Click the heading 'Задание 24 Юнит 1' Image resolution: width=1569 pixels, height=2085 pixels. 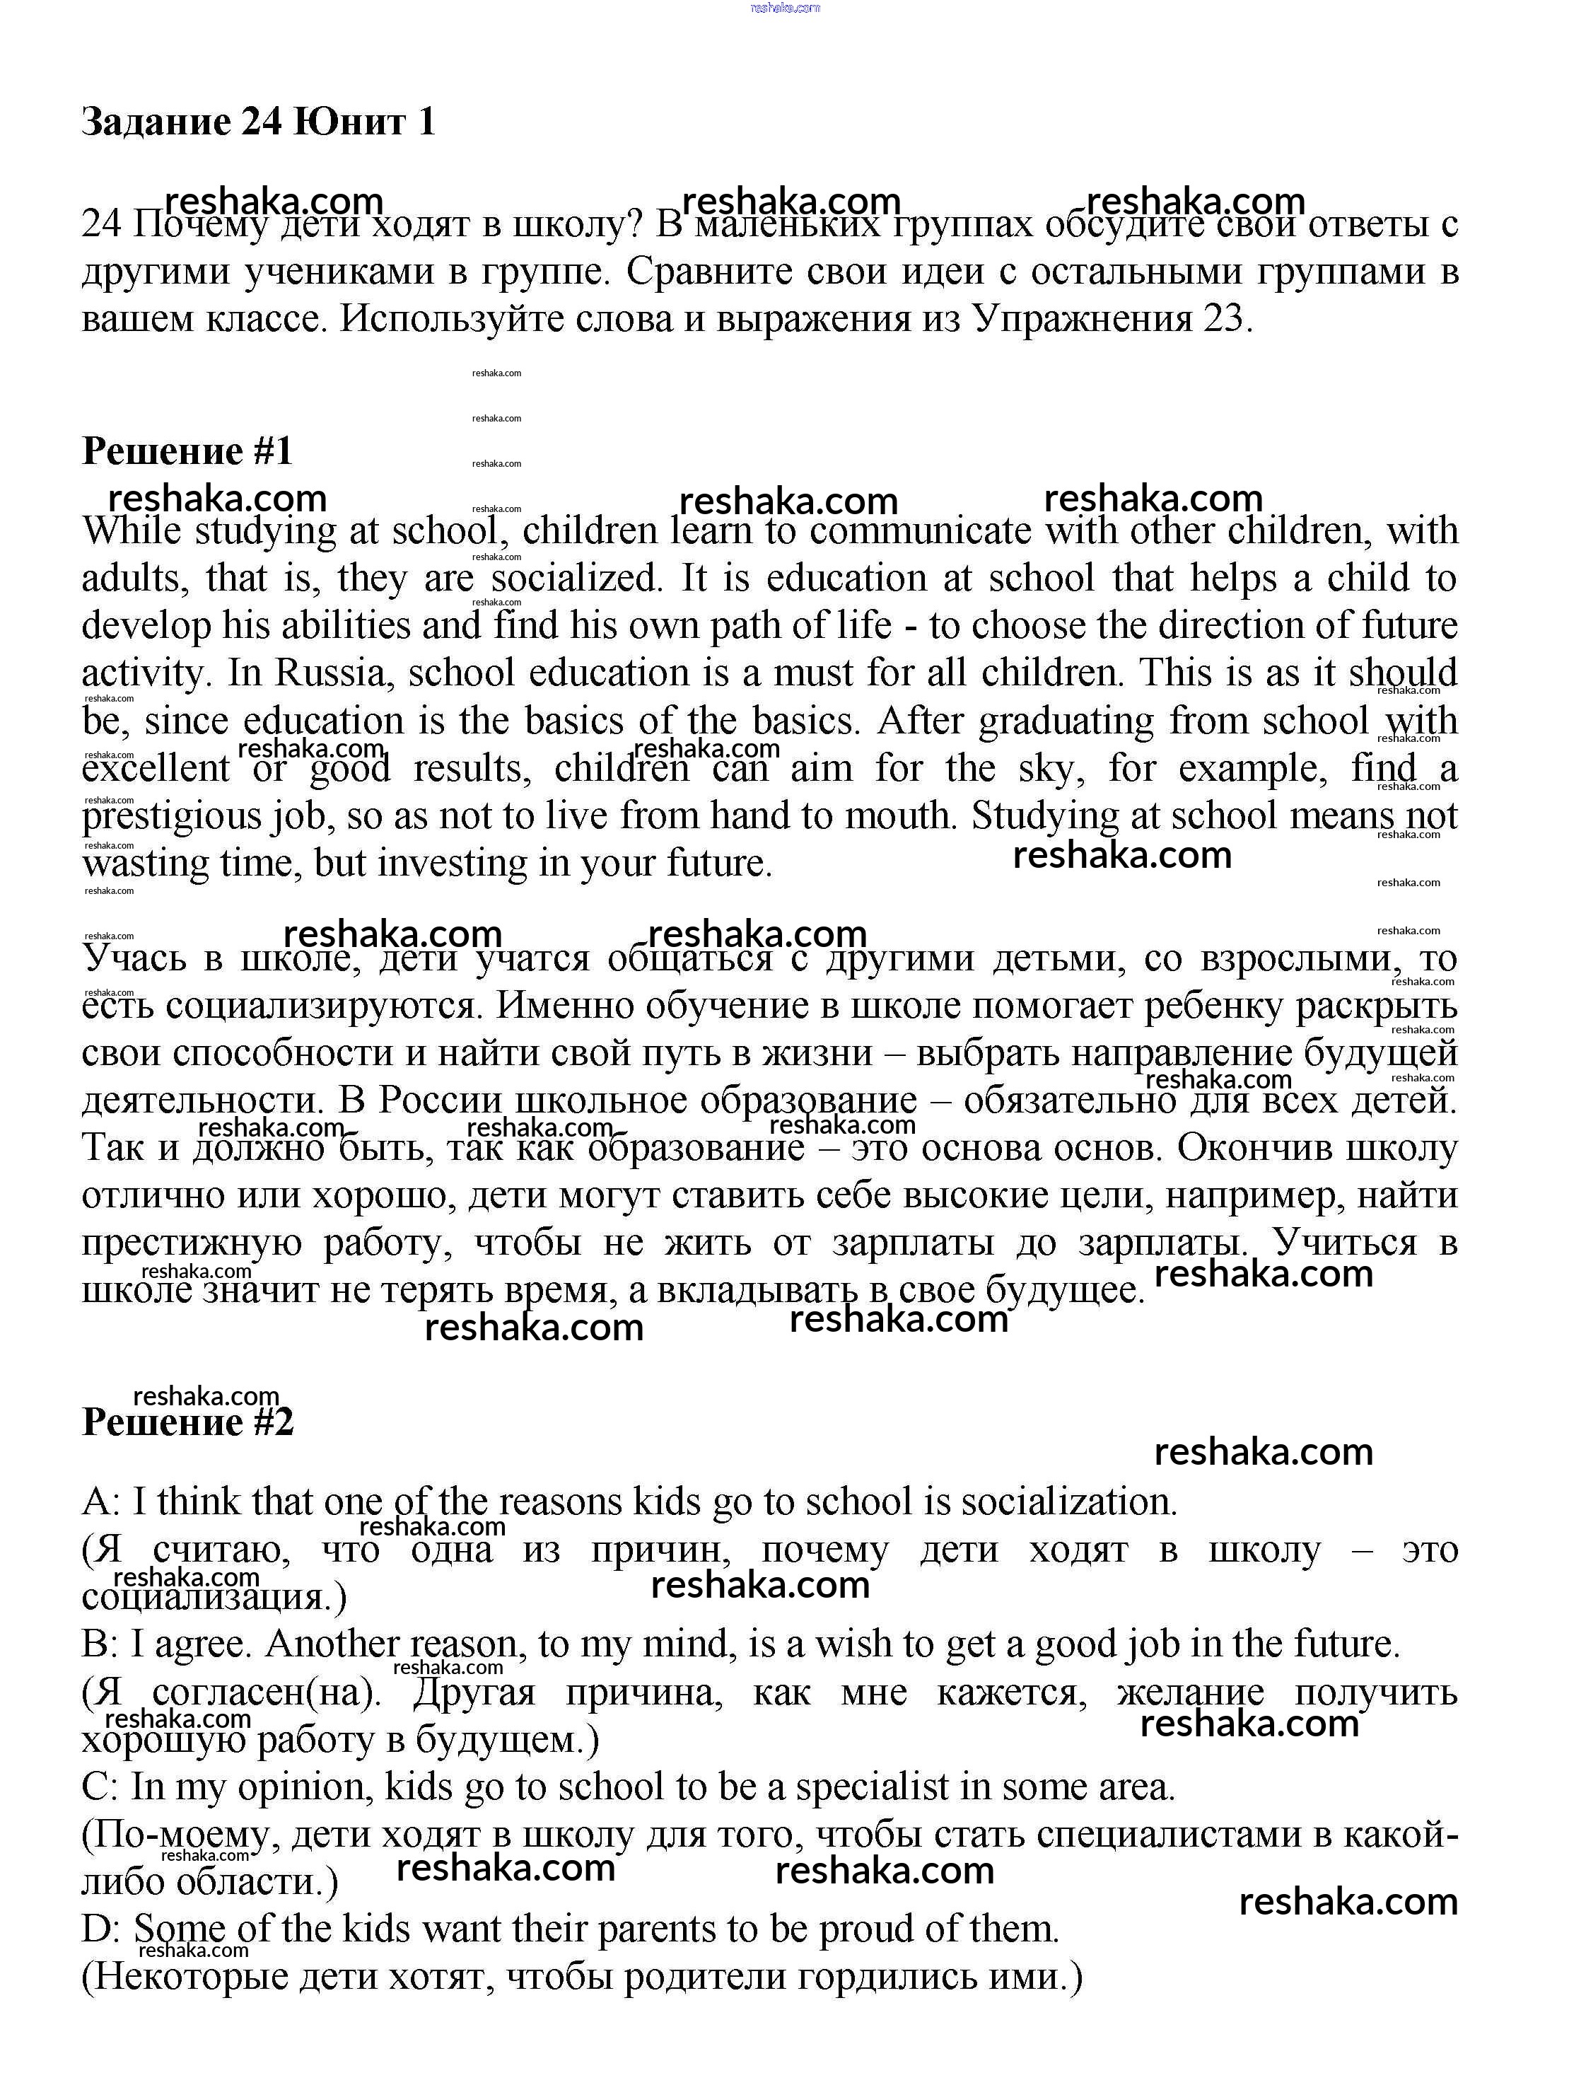(259, 122)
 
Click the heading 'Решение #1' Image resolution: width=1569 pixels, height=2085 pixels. (187, 451)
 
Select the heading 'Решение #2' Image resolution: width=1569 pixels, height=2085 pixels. (187, 1422)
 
